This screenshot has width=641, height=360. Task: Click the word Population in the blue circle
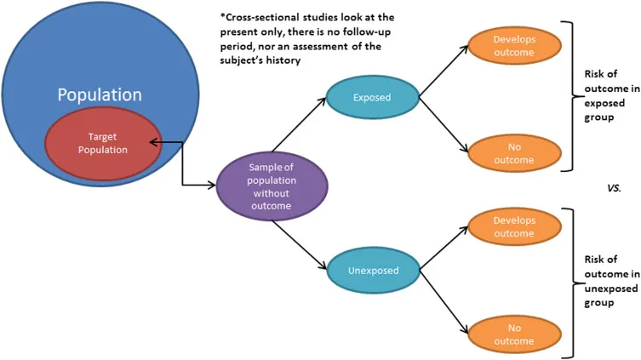100,94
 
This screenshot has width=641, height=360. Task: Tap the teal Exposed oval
372,97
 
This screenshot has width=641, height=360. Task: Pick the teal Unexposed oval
372,271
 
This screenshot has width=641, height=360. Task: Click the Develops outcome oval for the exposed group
513,46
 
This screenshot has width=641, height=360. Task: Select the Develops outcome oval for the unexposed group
513,227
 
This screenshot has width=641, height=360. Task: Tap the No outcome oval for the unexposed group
513,334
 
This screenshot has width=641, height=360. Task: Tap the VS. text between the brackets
614,189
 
